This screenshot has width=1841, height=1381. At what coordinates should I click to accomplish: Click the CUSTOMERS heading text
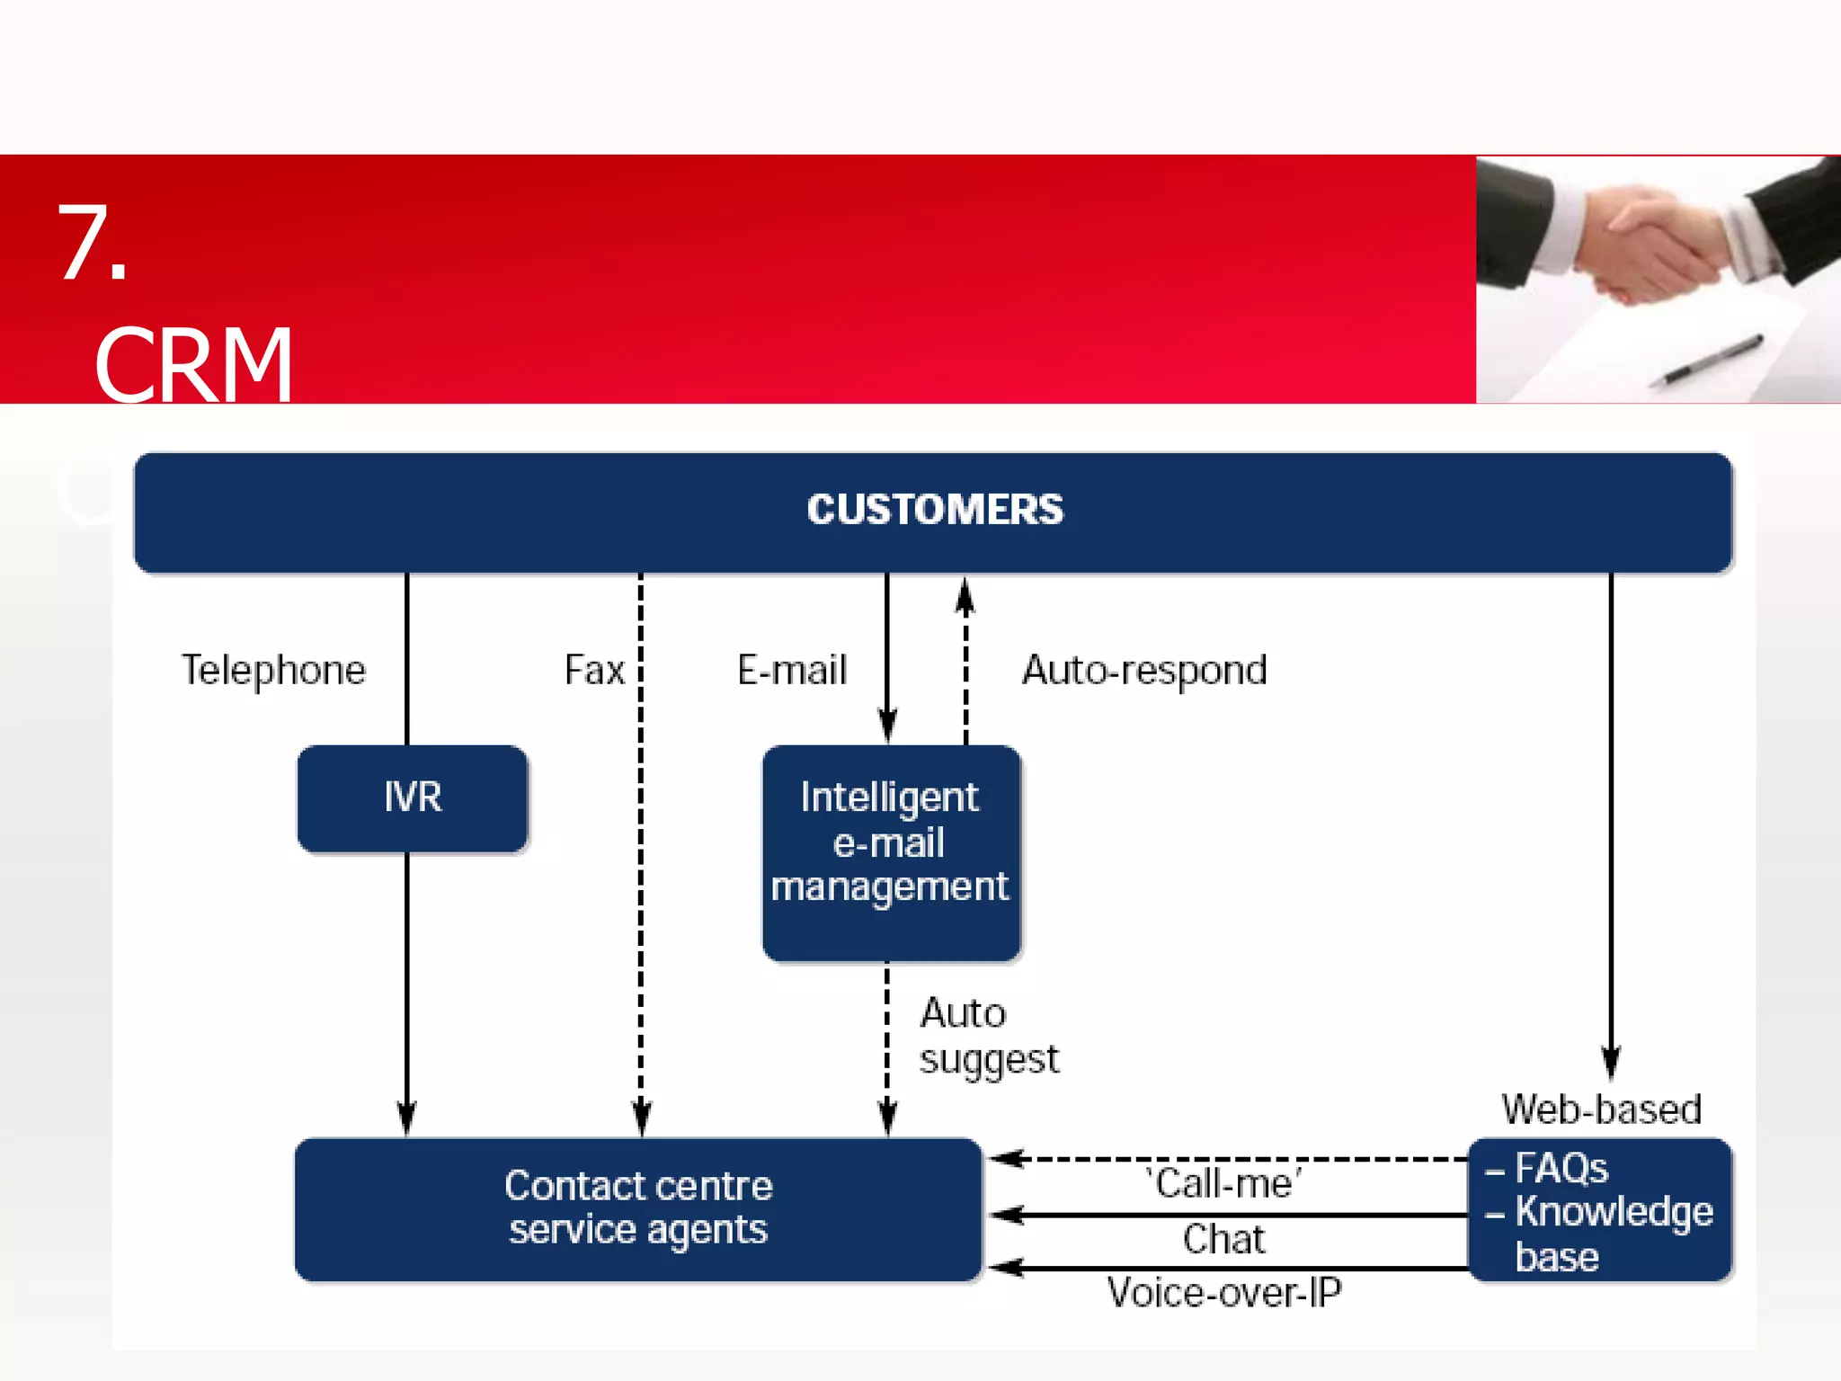pos(934,510)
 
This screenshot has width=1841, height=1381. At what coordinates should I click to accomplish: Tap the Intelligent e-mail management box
pos(891,851)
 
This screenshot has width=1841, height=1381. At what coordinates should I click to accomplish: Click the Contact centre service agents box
pos(638,1209)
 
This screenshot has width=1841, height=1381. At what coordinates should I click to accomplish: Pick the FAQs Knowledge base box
pos(1600,1210)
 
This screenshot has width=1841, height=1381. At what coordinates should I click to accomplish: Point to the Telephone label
pos(274,671)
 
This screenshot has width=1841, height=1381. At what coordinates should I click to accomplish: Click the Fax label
pos(594,671)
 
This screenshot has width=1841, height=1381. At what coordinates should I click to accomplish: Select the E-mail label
pos(792,671)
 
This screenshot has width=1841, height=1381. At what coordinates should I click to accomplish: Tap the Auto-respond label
pos(1144,671)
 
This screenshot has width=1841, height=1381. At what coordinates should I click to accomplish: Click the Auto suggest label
pos(988,1037)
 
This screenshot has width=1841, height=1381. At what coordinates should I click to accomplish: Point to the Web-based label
pos(1601,1109)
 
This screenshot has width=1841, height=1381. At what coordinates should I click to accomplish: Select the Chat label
pos(1223,1240)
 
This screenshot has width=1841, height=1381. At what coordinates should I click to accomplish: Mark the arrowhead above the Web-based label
pos(1611,1061)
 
